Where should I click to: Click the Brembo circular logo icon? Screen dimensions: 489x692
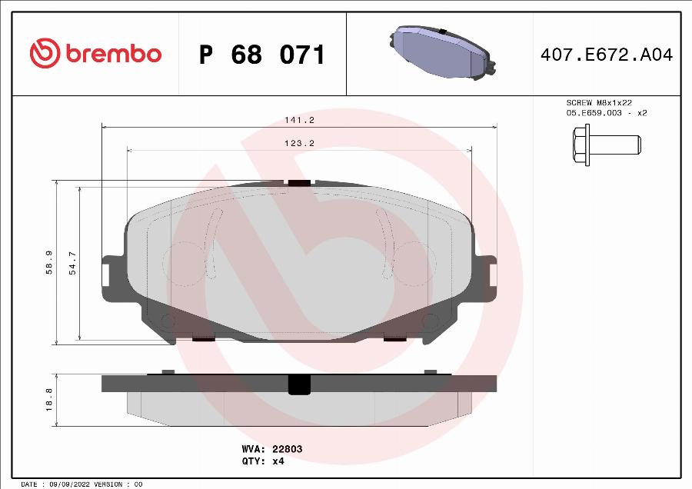tap(45, 54)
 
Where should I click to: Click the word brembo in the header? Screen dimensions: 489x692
tap(113, 55)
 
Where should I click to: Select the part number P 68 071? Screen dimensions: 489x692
tap(261, 55)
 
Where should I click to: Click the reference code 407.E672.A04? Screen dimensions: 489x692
tap(607, 55)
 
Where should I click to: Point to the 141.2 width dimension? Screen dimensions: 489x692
tap(300, 120)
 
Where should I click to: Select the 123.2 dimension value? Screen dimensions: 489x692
tap(300, 143)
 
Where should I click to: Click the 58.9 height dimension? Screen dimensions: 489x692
tap(49, 262)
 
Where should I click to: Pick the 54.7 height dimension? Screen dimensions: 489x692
tap(73, 262)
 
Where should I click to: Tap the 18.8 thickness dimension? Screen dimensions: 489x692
tap(49, 399)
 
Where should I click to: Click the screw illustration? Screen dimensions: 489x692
tap(605, 144)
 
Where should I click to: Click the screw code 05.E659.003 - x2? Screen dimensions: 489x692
tap(607, 113)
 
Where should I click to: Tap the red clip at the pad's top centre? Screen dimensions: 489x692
tap(298, 183)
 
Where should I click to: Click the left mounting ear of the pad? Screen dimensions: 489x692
tap(110, 271)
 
